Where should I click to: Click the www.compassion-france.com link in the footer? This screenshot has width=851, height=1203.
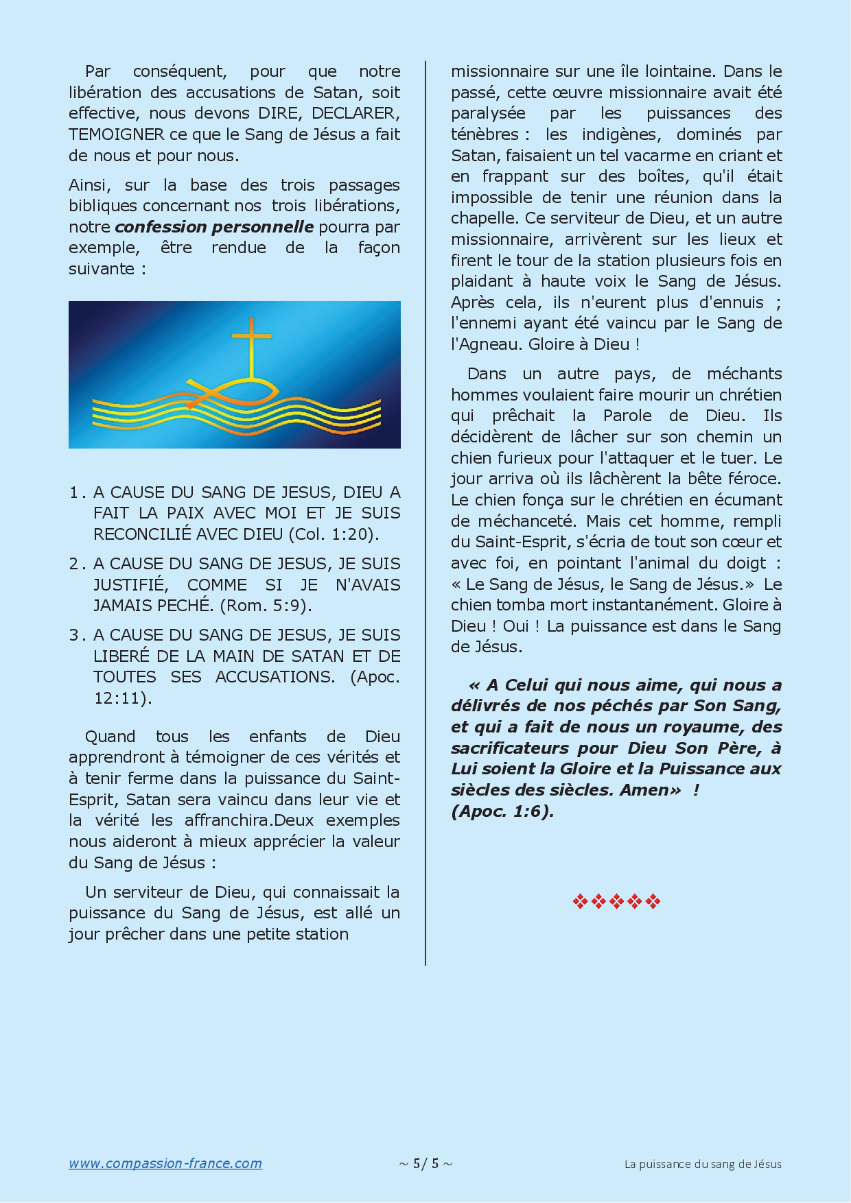tap(165, 1163)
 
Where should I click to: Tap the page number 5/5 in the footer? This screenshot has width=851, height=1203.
tap(425, 1163)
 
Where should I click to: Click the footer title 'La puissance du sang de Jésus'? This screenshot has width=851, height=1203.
tap(703, 1164)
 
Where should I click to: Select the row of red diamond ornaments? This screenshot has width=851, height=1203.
tap(616, 901)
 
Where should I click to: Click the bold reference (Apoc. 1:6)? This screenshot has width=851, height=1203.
tap(502, 811)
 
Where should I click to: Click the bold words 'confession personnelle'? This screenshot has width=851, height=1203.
tap(214, 227)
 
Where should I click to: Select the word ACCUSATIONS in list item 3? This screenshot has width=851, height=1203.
tap(275, 677)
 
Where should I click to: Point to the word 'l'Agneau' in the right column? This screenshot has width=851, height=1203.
tap(486, 344)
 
